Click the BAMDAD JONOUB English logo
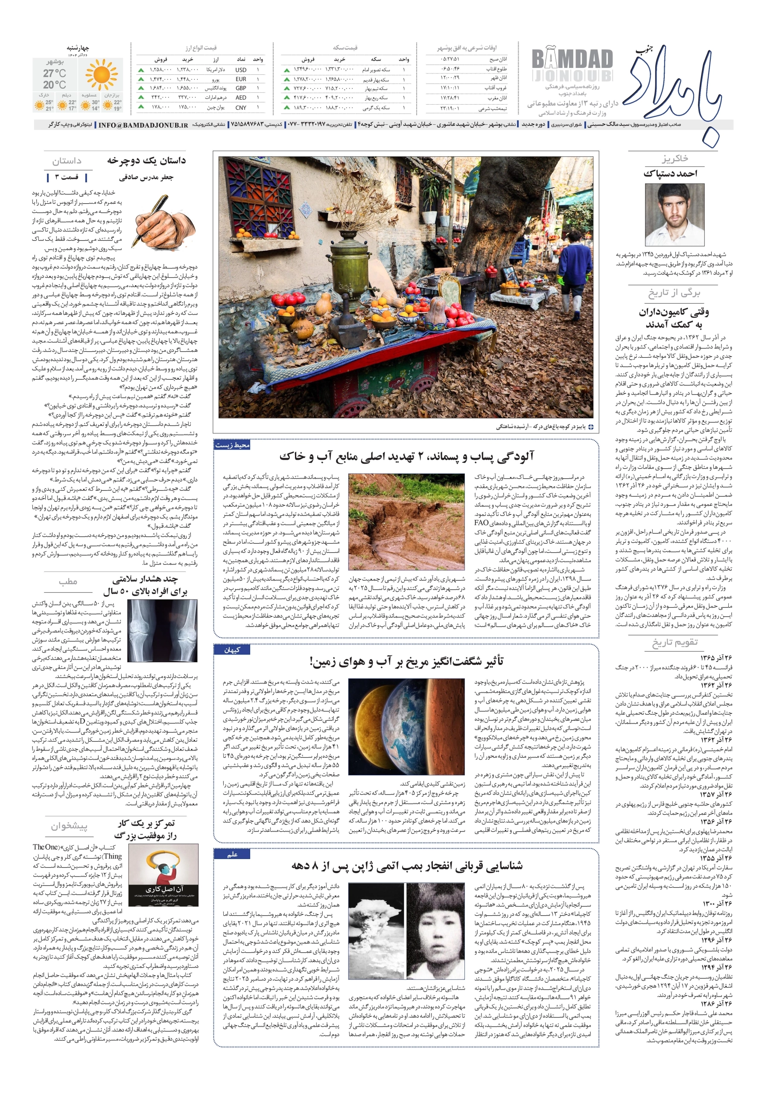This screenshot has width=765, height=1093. point(572,67)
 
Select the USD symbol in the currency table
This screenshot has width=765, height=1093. point(240,70)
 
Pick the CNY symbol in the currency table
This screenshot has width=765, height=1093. point(240,108)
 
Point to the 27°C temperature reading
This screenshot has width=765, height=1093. point(55,73)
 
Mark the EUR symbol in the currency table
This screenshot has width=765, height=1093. point(240,79)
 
